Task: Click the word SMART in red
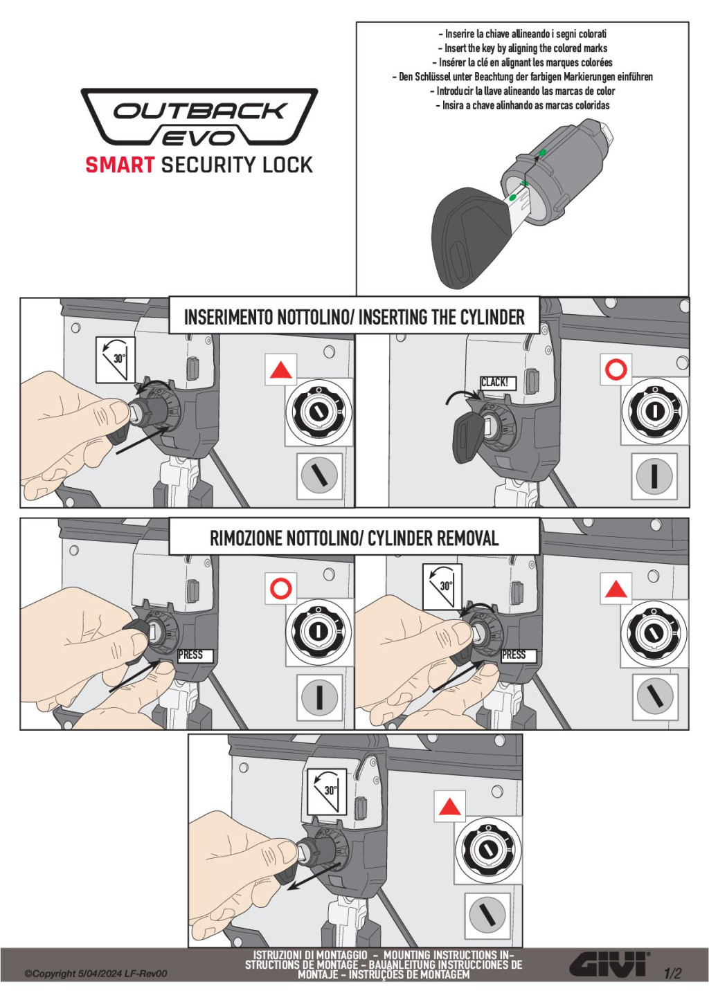(x=120, y=165)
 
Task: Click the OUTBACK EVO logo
(x=199, y=118)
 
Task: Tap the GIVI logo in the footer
(x=609, y=964)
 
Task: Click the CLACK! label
(x=494, y=382)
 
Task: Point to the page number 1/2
(x=672, y=974)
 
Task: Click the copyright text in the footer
(x=96, y=974)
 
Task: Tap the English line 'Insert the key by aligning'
(x=522, y=48)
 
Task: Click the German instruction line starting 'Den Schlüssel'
(x=522, y=77)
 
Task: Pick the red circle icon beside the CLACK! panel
(x=616, y=370)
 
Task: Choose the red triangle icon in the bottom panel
(x=450, y=807)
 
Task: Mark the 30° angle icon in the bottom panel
(x=327, y=790)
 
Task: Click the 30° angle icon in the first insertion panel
(x=115, y=358)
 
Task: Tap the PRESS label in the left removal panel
(x=191, y=655)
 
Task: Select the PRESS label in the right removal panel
(x=514, y=655)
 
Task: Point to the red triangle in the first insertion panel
(x=280, y=370)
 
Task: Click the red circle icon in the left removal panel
(x=280, y=589)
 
